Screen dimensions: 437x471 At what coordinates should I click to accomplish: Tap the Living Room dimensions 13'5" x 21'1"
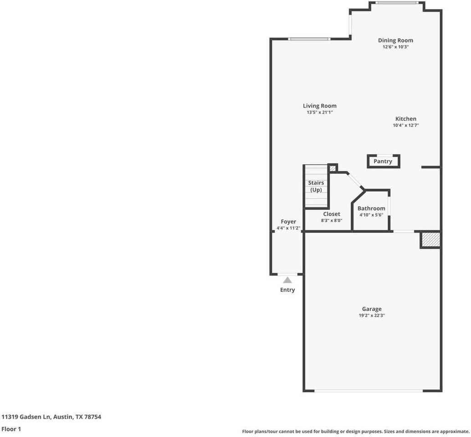319,112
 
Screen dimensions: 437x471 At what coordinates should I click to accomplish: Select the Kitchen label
405,119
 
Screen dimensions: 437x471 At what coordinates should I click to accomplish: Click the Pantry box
383,162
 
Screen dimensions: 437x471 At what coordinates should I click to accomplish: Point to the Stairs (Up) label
317,186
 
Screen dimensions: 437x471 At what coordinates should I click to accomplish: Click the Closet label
332,214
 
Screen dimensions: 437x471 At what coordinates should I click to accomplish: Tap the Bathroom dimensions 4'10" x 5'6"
371,215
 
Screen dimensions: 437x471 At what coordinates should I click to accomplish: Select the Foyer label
288,222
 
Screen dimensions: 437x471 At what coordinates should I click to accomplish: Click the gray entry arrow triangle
287,280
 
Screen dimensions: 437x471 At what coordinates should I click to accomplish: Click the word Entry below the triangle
287,290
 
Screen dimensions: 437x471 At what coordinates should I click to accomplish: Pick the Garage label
372,309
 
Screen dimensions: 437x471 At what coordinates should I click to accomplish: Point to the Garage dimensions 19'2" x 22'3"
372,315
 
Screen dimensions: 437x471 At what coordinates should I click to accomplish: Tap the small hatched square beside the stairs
333,168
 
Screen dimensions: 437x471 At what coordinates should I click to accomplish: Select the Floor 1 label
11,429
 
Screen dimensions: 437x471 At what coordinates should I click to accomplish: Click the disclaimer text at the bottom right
355,431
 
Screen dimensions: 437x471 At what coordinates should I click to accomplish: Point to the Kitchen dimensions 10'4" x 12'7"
405,125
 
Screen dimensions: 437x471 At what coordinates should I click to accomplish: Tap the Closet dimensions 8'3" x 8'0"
332,220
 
